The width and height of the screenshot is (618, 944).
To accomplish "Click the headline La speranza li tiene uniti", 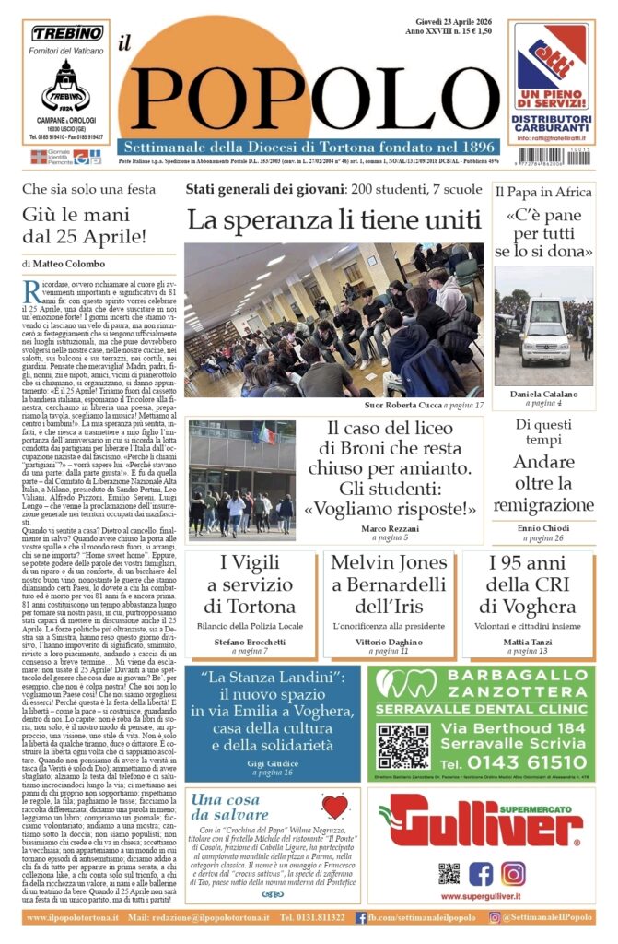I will pos(333,220).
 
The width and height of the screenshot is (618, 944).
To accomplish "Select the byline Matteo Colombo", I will pos(68,264).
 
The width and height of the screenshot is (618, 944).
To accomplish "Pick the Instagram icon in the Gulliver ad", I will pos(513,873).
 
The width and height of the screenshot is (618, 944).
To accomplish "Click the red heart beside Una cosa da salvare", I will pos(334,808).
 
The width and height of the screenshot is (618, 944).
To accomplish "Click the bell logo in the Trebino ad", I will pos(65,84).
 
